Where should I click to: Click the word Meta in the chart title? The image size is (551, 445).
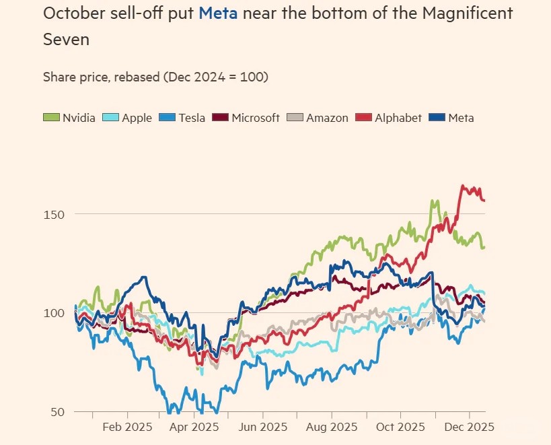tap(217, 13)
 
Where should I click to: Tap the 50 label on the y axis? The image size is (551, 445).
tap(59, 412)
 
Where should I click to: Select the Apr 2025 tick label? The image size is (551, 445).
tap(194, 427)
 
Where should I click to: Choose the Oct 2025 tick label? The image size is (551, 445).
tap(402, 427)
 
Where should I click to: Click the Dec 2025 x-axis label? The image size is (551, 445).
tap(470, 427)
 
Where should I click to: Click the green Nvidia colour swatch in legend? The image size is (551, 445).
tap(51, 118)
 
